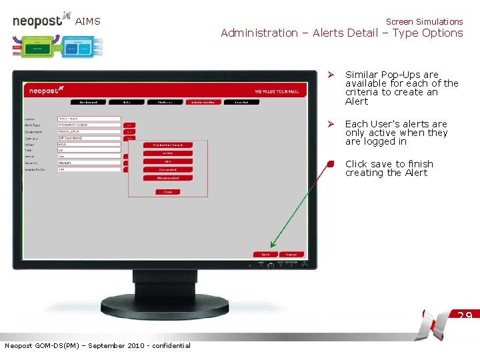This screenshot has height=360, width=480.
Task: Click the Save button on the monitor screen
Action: pyautogui.click(x=265, y=254)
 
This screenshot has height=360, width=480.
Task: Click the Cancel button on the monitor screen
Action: pyautogui.click(x=291, y=254)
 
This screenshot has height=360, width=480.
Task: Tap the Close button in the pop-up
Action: pyautogui.click(x=168, y=192)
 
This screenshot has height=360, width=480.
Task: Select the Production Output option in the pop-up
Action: pyautogui.click(x=168, y=145)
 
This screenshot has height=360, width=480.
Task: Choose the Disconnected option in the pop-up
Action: pyautogui.click(x=168, y=178)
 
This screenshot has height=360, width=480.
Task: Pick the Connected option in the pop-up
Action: pyautogui.click(x=168, y=169)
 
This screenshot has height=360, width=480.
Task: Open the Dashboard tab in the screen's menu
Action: pyautogui.click(x=89, y=102)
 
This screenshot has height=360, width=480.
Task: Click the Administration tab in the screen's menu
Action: pyautogui.click(x=203, y=102)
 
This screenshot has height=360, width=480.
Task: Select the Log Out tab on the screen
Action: pyautogui.click(x=241, y=102)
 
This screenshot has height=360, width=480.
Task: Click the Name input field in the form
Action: pyautogui.click(x=89, y=119)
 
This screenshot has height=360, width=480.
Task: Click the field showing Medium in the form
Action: pyautogui.click(x=89, y=163)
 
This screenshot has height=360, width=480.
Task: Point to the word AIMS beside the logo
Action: pyautogui.click(x=87, y=21)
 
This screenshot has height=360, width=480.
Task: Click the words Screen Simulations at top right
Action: pyautogui.click(x=424, y=21)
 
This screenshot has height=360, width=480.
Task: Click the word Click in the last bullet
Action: pyautogui.click(x=356, y=164)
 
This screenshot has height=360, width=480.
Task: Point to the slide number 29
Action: pyautogui.click(x=465, y=315)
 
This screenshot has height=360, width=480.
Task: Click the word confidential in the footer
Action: pyautogui.click(x=171, y=345)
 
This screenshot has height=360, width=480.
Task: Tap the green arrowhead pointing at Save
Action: pyautogui.click(x=273, y=245)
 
